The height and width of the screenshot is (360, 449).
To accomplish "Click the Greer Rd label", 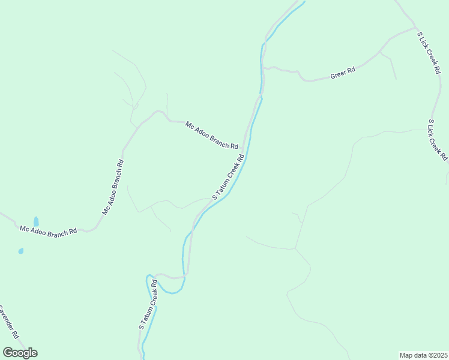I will click(x=343, y=73).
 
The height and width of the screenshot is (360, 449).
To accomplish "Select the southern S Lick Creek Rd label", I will click(x=438, y=139).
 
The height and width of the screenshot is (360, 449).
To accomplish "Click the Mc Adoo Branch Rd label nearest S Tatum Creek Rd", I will click(x=211, y=135).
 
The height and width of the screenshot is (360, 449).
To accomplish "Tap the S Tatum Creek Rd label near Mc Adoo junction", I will click(x=228, y=177).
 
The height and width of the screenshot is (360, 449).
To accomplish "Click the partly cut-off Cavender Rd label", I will click(x=8, y=322).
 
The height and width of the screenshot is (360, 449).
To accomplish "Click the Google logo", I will click(x=20, y=353).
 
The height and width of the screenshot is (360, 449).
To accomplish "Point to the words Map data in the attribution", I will click(x=412, y=355).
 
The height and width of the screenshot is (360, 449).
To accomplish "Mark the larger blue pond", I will click(x=36, y=221).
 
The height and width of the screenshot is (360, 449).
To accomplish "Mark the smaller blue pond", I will click(x=21, y=251).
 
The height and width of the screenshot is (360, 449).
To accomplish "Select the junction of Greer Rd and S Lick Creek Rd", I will click(x=415, y=28).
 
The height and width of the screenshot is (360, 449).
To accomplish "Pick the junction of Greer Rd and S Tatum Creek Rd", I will click(x=263, y=67).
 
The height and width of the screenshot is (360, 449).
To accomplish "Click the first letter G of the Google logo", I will click(x=8, y=353).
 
